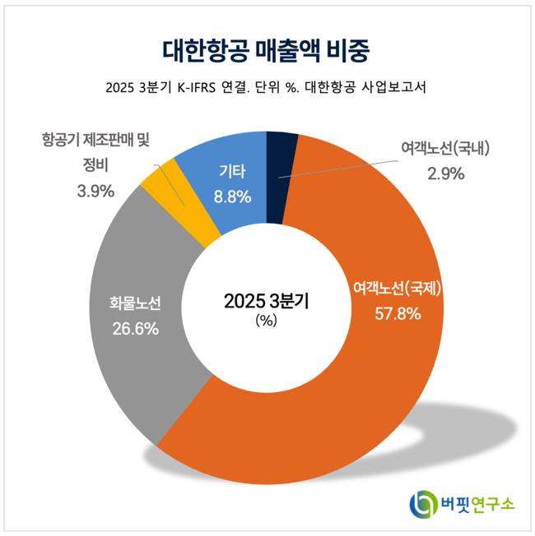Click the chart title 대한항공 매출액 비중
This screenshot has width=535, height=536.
click(267, 50)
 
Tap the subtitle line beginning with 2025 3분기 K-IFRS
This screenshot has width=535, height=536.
click(267, 88)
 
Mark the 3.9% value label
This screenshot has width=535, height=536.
click(91, 191)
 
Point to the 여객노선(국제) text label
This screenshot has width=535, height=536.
click(398, 289)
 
